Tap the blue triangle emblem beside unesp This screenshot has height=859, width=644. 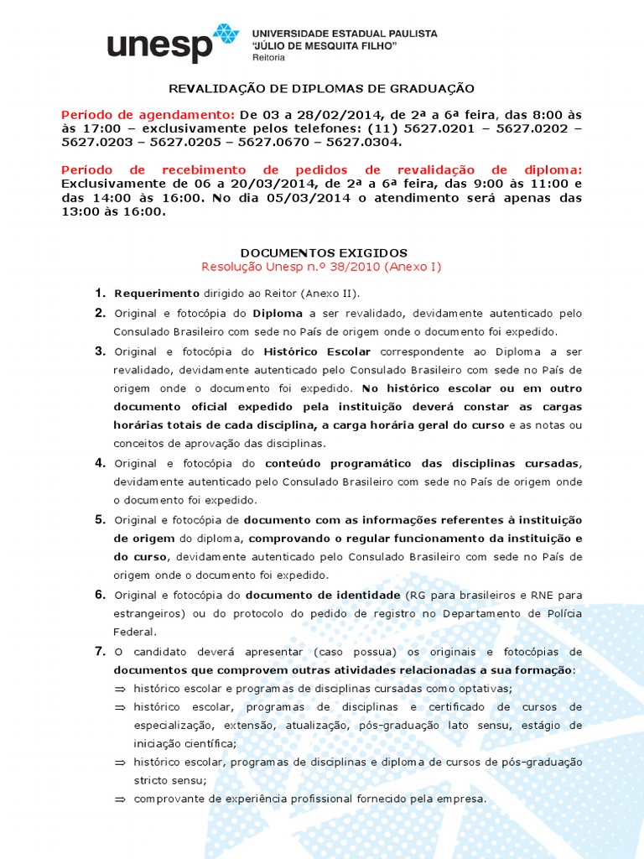pos(225,37)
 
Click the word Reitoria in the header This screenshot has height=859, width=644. pos(268,58)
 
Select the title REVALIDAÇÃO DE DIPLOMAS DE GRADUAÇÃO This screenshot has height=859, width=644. pos(322,88)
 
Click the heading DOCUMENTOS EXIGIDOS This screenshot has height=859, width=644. pos(324,252)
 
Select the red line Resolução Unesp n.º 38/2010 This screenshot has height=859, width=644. pos(321,267)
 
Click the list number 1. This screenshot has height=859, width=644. pos(99,293)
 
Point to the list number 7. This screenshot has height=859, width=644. pos(99,651)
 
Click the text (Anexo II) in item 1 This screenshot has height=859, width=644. pos(334,294)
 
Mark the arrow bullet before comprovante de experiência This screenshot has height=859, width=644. pos(120,799)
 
